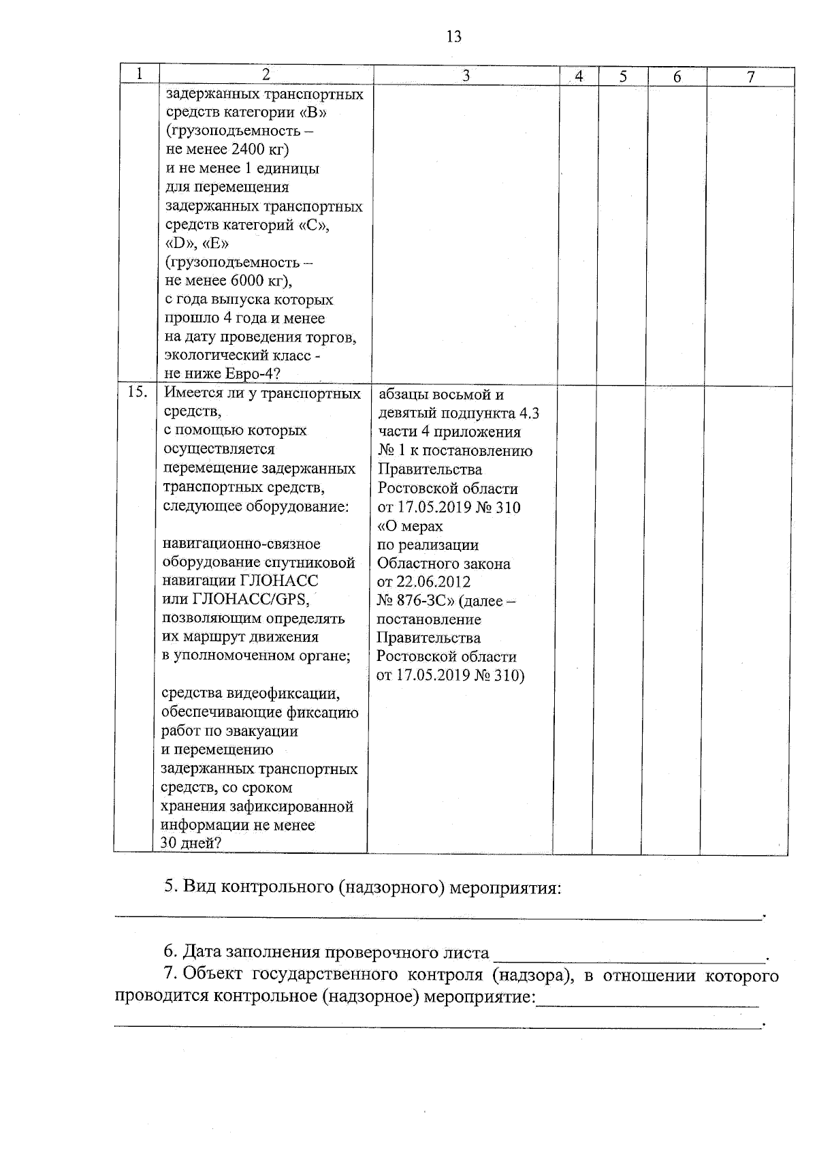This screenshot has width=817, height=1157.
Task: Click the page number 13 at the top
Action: tap(454, 37)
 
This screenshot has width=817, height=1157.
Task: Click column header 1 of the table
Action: tap(139, 74)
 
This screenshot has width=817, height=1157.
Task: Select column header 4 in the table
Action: tap(579, 76)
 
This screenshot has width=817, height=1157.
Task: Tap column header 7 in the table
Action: tap(750, 77)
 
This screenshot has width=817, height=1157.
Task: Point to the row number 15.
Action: tap(138, 392)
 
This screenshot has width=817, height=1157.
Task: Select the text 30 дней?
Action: tap(191, 844)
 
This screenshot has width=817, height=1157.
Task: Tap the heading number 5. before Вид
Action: tap(171, 888)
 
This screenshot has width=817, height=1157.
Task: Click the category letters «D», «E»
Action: tap(197, 243)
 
